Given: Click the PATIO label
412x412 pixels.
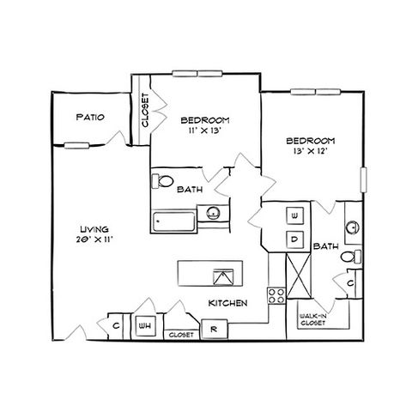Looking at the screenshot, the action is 90,117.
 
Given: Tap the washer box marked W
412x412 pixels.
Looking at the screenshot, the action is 295,215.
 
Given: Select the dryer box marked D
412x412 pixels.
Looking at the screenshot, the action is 295,239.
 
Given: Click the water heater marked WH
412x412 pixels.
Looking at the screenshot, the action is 146,326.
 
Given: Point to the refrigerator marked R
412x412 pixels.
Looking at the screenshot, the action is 215,329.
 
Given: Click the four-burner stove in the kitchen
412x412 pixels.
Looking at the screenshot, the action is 276,295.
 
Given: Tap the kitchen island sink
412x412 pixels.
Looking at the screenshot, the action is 223,277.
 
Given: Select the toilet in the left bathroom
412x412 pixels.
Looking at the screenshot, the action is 162,181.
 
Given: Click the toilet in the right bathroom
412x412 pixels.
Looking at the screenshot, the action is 351,257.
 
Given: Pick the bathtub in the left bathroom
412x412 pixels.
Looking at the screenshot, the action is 173,221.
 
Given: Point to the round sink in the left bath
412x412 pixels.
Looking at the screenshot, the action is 213,213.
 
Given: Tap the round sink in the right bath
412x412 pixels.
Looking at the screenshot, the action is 353,228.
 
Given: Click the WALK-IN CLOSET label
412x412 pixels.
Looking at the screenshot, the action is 312,319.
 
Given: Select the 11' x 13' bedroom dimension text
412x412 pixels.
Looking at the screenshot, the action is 205,130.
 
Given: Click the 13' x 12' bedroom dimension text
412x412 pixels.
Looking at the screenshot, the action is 311,151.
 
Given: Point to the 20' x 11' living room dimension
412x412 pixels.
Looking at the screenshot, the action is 94,239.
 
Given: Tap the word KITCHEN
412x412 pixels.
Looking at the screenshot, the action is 227,303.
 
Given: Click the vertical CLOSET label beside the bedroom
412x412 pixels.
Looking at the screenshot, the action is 145,110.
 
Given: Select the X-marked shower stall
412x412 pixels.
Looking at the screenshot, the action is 299,276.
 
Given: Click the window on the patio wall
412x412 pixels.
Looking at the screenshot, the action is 76,146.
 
